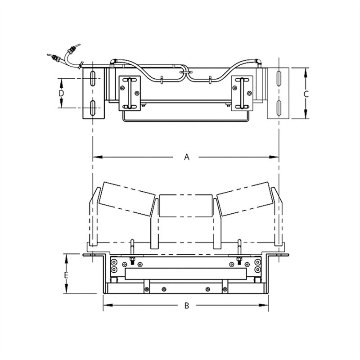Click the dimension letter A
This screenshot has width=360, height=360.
tap(187, 157)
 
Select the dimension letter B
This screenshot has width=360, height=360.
tap(186, 306)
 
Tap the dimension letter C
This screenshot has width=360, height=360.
tap(306, 94)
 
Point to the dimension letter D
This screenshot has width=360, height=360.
tap(63, 93)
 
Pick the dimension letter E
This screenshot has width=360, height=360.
tap(66, 274)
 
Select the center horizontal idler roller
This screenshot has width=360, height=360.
tap(186, 206)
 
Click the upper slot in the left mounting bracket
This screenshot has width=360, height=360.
tap(92, 78)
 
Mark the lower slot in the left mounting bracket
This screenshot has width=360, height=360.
tap(92, 108)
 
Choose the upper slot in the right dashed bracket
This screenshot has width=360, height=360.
tap(279, 78)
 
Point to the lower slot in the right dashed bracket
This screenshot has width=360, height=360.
tap(279, 108)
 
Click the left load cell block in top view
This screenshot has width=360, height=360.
tap(130, 93)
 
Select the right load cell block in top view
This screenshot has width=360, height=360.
tap(243, 93)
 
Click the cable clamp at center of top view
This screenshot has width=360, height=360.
tap(185, 71)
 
